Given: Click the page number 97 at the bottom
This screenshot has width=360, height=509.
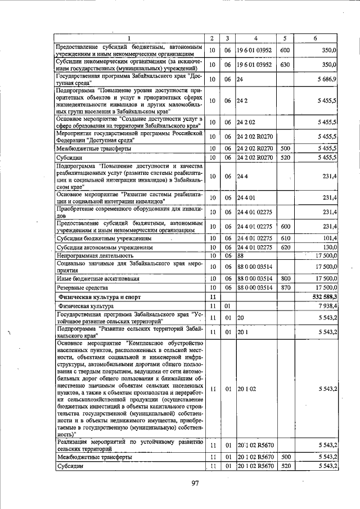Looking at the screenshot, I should pyautogui.click(x=195, y=483).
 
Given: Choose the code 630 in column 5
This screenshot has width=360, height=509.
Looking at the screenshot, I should pyautogui.click(x=285, y=65).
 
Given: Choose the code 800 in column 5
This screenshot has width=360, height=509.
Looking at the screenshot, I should pyautogui.click(x=285, y=278).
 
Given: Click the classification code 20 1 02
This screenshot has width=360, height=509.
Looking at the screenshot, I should pyautogui.click(x=247, y=389).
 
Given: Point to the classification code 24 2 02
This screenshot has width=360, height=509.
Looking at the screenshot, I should pyautogui.click(x=247, y=122).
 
